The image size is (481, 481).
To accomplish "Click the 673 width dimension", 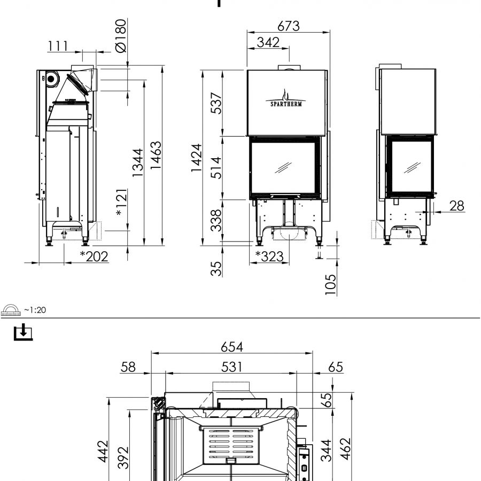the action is click(x=289, y=26).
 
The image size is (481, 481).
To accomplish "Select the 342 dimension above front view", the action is click(x=268, y=42).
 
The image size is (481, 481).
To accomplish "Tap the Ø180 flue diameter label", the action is click(x=121, y=36).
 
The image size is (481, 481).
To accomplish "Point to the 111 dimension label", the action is click(x=58, y=46).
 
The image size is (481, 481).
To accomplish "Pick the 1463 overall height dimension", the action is click(x=156, y=155).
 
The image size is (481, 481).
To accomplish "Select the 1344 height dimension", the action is click(x=138, y=162).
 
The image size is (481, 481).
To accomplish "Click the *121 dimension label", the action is click(x=121, y=202).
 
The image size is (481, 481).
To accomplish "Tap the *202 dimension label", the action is click(x=94, y=257).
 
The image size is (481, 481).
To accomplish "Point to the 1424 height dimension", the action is click(x=196, y=158).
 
